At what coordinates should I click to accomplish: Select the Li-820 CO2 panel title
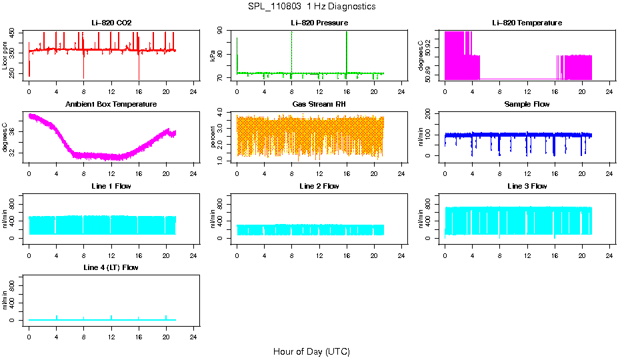pos(111,23)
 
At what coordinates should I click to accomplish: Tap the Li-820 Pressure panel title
pos(319,23)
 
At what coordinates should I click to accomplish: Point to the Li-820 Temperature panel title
pos(527,23)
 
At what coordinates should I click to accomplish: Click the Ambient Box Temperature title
pos(111,105)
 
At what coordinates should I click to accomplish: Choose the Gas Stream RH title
pos(319,105)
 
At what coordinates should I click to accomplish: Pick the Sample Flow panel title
pos(527,105)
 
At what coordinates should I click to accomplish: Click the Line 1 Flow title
pos(111,186)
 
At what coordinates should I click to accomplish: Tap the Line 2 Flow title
pos(319,186)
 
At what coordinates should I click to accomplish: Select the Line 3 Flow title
pos(527,186)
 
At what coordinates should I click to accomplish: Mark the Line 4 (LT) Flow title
pos(111,267)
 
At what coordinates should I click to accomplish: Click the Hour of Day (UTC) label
pos(311,351)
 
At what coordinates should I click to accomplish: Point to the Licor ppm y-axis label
pos(5,55)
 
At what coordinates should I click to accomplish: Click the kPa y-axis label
pos(213,55)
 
